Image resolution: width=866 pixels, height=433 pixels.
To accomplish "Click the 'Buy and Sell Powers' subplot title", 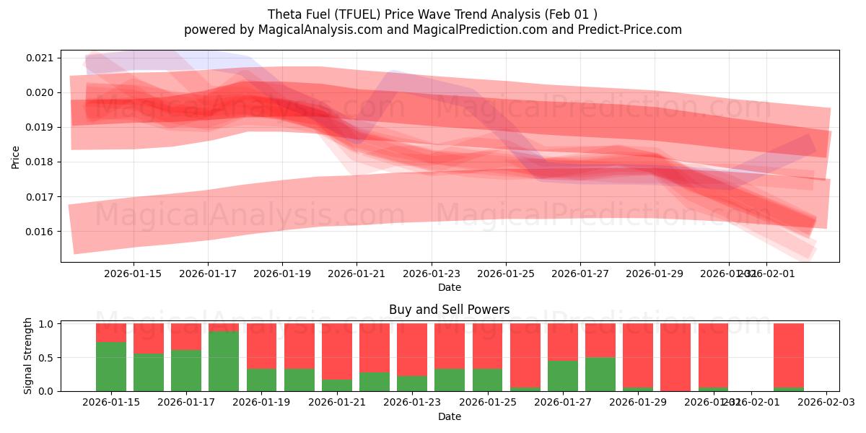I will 449,310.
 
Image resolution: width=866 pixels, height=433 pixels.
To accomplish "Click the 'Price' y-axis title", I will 16,157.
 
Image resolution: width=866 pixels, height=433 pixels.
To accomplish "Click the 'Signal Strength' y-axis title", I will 29,356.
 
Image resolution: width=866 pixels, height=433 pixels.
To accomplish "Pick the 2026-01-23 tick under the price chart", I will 431,274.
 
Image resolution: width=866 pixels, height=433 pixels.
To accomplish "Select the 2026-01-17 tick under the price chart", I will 208,274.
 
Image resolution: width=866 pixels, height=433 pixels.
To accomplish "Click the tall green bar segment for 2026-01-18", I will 224,361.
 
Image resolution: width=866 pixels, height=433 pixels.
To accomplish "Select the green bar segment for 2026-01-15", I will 111,367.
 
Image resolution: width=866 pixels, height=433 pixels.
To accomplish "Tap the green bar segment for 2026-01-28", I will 600,374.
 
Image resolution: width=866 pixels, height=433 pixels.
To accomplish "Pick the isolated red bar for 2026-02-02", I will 788,355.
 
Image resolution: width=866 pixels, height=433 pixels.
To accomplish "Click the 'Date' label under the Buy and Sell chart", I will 449,416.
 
